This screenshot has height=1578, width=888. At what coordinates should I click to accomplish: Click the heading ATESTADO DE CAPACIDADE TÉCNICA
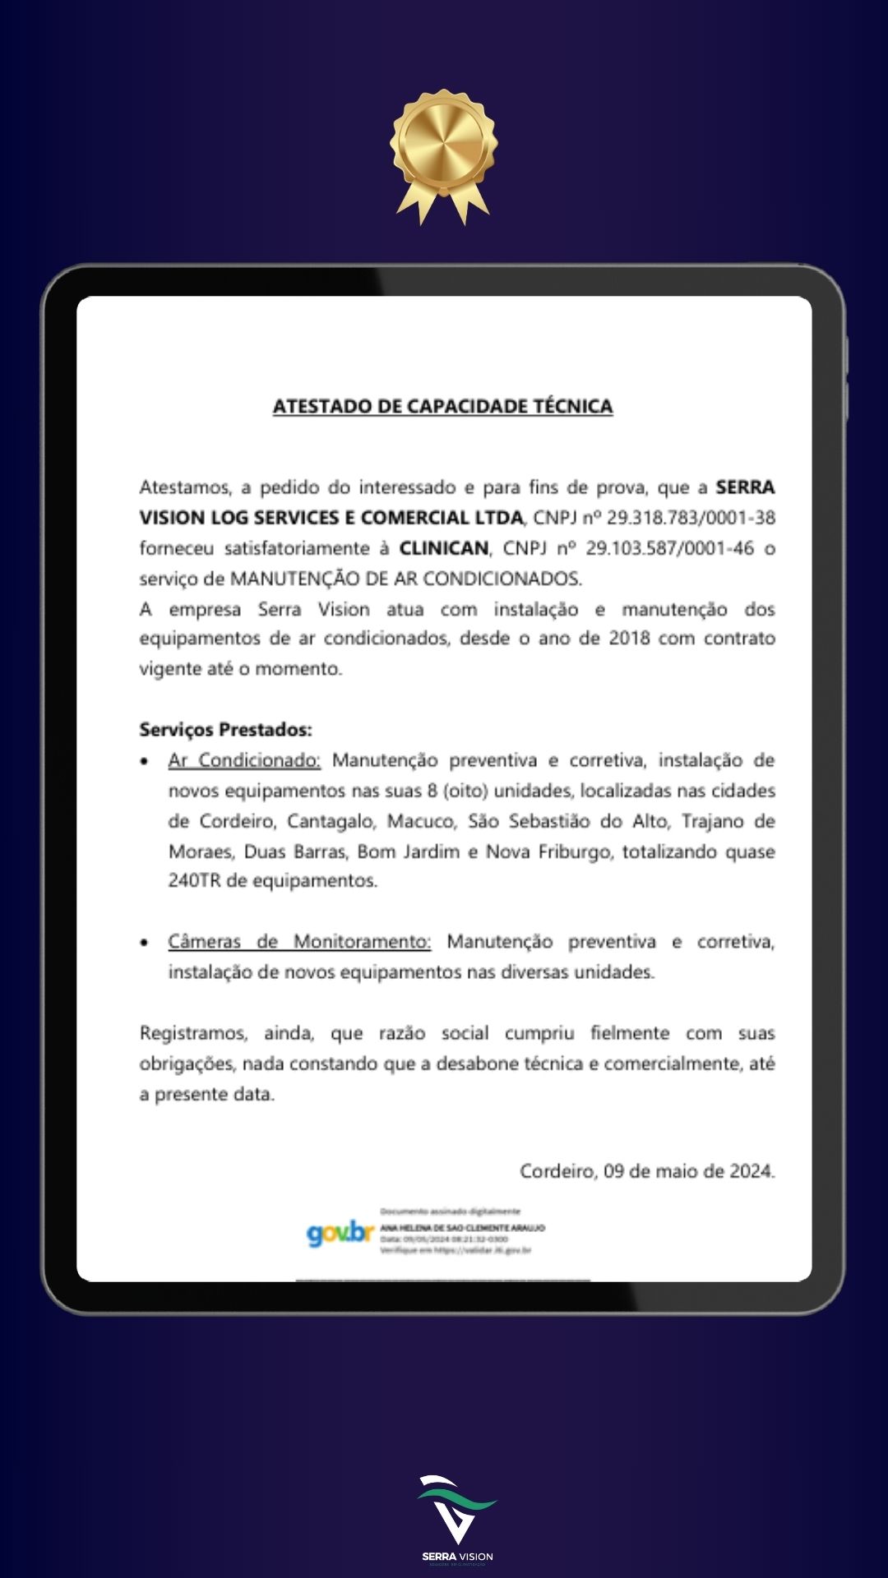click(x=442, y=406)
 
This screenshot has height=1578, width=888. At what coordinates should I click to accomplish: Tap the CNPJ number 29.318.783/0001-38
click(x=691, y=518)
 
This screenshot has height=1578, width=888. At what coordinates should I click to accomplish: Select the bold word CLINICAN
click(x=443, y=548)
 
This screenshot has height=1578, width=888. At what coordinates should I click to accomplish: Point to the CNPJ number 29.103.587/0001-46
click(x=669, y=548)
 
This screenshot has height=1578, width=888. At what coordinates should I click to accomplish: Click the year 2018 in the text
click(x=629, y=639)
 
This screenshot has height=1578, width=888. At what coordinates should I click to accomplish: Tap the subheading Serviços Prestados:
click(x=225, y=730)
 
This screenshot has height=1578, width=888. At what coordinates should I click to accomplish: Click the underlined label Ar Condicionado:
click(x=244, y=760)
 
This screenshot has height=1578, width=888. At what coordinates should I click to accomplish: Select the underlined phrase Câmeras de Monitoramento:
click(x=299, y=942)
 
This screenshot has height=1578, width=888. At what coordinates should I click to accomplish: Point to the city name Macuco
click(x=420, y=821)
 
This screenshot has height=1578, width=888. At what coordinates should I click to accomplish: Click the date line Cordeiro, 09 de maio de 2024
click(x=647, y=1171)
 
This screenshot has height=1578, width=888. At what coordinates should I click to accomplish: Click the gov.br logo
click(x=340, y=1233)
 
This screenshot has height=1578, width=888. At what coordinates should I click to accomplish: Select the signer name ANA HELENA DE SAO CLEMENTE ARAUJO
click(x=462, y=1228)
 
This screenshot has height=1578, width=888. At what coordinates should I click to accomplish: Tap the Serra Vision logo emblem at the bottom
click(x=456, y=1509)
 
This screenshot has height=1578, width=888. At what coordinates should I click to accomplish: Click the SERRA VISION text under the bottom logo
click(x=457, y=1557)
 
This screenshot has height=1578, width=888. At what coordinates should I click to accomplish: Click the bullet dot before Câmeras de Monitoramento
click(x=145, y=943)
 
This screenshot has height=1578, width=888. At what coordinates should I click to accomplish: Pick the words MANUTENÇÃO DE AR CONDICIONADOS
click(x=405, y=579)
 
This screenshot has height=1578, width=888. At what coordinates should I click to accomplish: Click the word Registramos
click(x=193, y=1033)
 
